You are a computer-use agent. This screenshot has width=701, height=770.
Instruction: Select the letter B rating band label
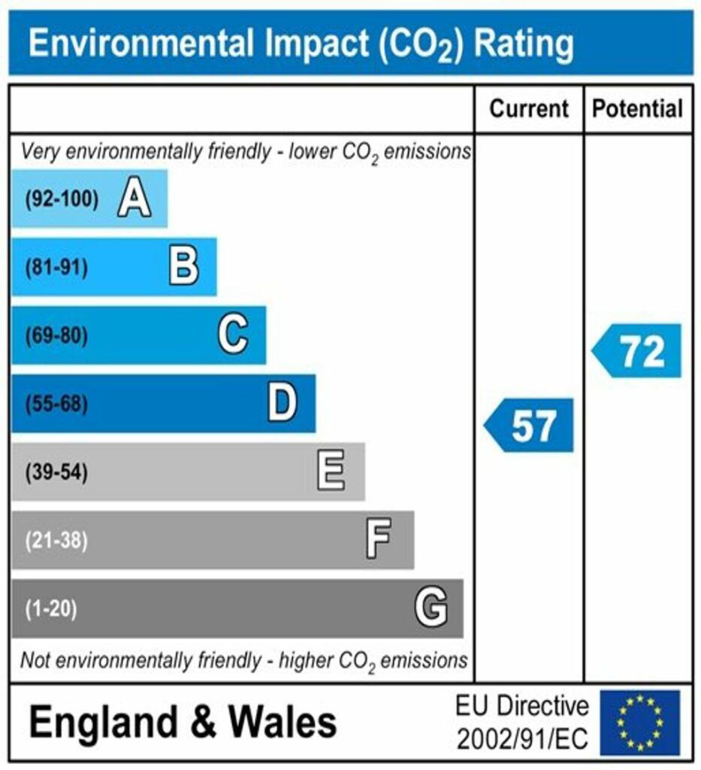(184, 267)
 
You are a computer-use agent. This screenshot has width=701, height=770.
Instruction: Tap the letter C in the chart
(233, 335)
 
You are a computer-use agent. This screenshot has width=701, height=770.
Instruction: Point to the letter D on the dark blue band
(283, 404)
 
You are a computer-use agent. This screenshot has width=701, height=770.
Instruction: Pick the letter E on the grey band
(331, 472)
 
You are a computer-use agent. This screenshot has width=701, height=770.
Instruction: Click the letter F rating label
(379, 540)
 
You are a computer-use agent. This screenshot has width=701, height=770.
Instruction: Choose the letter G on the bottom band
(431, 608)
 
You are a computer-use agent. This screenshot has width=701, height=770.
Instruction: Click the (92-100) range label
(62, 200)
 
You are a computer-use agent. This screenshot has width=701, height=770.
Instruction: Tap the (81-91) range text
(56, 268)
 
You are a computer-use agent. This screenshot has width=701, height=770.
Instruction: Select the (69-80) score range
(56, 335)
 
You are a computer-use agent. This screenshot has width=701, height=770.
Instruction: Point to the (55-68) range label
(56, 405)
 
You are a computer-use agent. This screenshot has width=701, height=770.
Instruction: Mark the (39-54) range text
(56, 473)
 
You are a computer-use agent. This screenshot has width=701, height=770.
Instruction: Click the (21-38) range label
(56, 541)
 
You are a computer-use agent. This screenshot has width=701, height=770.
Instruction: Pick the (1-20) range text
(52, 608)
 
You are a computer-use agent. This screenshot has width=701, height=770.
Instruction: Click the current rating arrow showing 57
(529, 426)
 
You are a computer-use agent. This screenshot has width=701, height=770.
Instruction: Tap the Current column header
(529, 109)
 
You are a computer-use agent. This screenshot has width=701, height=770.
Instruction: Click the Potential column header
(638, 109)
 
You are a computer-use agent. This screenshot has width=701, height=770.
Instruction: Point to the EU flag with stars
(639, 723)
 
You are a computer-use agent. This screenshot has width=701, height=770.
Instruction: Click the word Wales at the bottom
(283, 723)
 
